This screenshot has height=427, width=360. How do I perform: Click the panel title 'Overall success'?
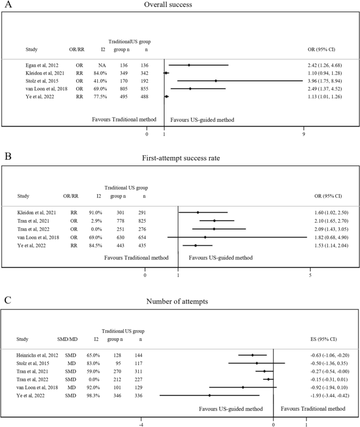point(180,6)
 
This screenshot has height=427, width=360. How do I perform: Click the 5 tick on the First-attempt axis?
point(311,274)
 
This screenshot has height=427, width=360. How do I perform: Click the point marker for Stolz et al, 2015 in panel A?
point(216,81)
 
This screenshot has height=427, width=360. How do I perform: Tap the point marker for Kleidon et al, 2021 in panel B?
point(198,212)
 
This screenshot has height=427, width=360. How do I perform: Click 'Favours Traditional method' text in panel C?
point(313,408)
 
